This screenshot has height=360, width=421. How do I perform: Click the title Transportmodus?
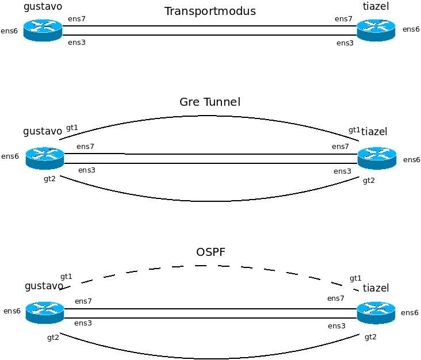(210, 12)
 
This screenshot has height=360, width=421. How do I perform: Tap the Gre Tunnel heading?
(210, 102)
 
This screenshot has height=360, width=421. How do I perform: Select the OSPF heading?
(210, 252)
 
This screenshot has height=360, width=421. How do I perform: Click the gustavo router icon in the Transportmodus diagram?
(43, 30)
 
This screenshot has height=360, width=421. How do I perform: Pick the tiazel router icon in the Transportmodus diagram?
(376, 30)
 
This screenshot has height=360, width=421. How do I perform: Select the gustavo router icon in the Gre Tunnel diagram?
(45, 158)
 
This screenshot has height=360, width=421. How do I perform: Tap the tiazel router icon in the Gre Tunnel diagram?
(377, 158)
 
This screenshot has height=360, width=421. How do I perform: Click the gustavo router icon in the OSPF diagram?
(45, 312)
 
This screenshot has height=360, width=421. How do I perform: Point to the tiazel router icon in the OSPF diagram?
(376, 312)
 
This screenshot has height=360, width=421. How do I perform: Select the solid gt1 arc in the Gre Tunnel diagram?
(210, 116)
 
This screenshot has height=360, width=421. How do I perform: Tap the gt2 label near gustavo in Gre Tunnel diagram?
(49, 179)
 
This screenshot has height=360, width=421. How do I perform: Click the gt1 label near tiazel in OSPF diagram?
(355, 278)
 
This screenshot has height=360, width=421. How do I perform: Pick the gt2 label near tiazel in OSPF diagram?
(370, 337)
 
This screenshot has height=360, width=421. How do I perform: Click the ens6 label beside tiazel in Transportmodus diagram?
(411, 29)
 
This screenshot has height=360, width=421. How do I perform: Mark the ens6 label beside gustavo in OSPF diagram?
(12, 311)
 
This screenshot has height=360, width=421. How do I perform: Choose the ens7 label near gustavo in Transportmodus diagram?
(76, 19)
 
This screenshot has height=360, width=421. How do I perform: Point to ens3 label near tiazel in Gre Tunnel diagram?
(342, 171)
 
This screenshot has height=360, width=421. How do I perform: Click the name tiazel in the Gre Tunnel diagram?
(374, 132)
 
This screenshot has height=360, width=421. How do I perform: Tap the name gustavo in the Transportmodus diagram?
(43, 7)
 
